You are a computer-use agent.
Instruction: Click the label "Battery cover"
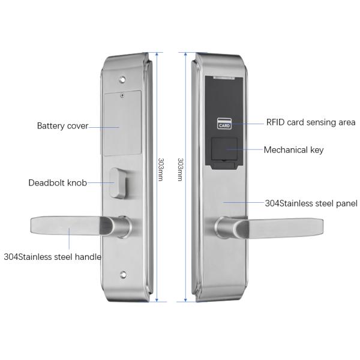62,126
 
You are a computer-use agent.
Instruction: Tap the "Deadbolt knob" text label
58,182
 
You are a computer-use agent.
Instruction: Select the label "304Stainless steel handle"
52,257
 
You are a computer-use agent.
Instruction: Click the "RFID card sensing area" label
311,122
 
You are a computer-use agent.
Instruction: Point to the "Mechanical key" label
293,150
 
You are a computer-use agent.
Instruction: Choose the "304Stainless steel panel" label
311,203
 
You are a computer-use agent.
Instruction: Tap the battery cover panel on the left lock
120,120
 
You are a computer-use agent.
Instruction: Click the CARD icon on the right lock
224,125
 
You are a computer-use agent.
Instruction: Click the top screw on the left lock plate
122,78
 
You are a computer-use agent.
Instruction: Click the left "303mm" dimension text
161,170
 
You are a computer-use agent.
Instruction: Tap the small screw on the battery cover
122,94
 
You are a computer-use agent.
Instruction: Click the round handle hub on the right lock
222,228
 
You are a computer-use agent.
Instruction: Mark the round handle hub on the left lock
124,227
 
